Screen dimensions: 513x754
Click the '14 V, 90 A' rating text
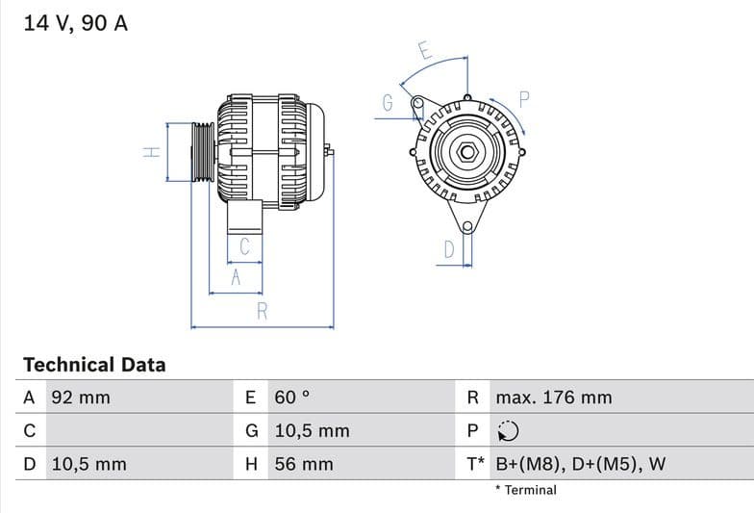[x=75, y=23]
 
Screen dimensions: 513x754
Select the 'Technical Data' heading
[x=94, y=365]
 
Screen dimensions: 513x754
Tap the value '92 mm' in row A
[x=81, y=398]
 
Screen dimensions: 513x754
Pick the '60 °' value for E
[x=292, y=398]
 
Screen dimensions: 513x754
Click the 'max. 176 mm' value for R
[x=553, y=398]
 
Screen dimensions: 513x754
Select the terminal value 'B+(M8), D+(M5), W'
[x=580, y=464]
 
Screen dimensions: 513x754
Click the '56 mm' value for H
[x=304, y=464]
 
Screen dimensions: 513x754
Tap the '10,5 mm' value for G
[x=312, y=431]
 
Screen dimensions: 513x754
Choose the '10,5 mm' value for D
[x=88, y=464]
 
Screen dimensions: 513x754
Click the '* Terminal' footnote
[x=525, y=490]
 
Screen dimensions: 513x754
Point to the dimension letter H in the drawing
[x=151, y=152]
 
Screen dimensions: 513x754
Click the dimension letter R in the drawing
[x=262, y=311]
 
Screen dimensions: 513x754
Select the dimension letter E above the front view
[x=424, y=50]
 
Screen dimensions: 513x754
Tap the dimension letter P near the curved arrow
[x=524, y=98]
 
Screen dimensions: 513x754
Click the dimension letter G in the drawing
[x=388, y=103]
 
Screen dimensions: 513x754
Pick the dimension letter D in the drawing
[x=448, y=250]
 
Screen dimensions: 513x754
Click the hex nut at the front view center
[x=466, y=151]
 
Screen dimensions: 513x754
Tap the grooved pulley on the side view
[x=203, y=152]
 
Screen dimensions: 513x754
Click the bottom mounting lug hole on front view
[x=467, y=227]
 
